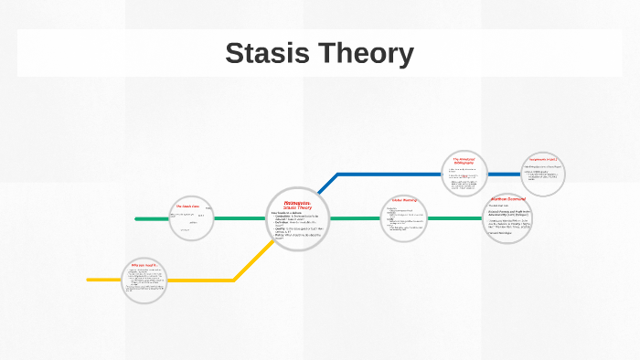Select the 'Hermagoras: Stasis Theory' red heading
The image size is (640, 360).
296,205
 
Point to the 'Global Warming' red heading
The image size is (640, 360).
403,199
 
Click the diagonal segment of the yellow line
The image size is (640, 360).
248,265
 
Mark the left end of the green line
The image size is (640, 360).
136,219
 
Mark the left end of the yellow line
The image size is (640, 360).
89,280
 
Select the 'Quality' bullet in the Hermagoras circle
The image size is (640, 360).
278,228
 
